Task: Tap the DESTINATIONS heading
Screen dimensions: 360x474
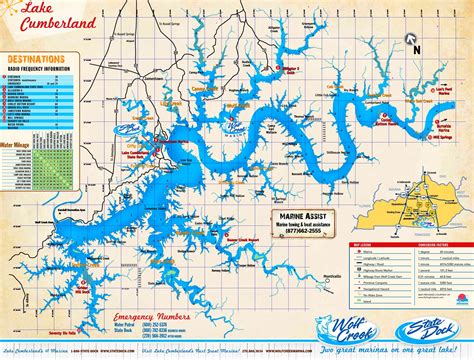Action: click(36, 60)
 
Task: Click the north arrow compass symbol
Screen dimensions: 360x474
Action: click(410, 43)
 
